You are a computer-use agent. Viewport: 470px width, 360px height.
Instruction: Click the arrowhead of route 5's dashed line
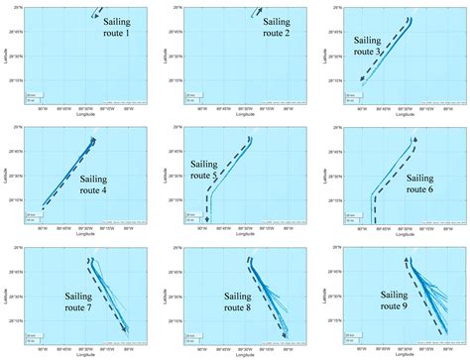coord(207,220)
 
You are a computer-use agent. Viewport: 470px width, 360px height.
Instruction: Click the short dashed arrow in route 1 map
coord(94,16)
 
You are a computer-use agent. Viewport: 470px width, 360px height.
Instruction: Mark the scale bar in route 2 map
coord(191,94)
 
